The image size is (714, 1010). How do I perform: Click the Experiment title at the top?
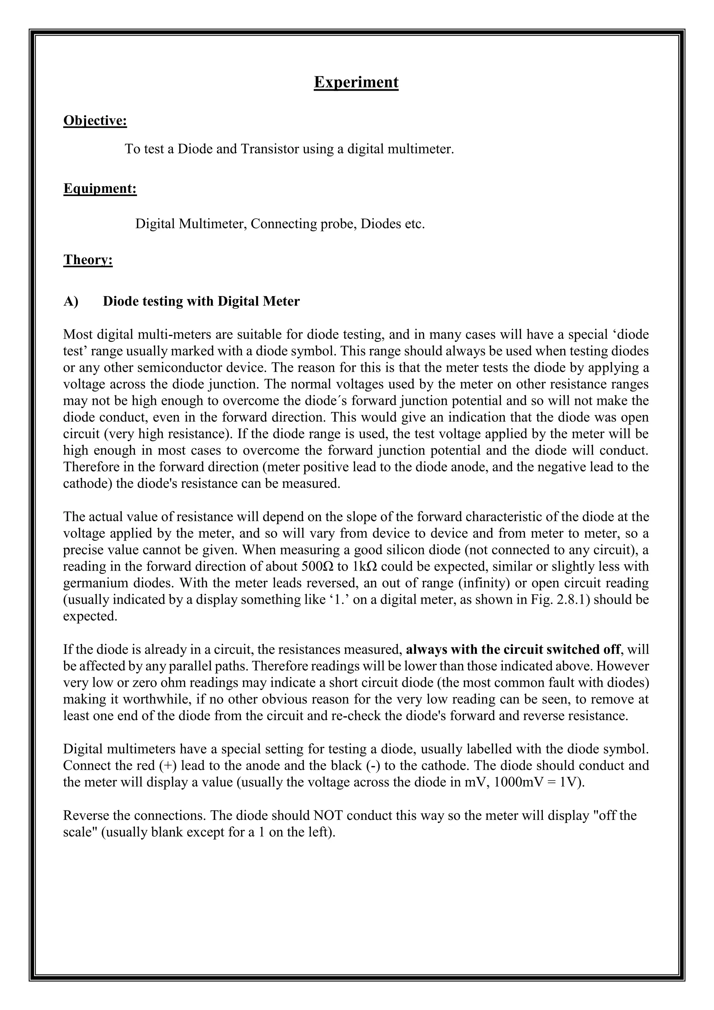pyautogui.click(x=356, y=82)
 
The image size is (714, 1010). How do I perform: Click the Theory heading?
pyautogui.click(x=88, y=259)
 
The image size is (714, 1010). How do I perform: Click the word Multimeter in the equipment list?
pyautogui.click(x=213, y=224)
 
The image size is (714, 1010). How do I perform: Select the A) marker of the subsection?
pyautogui.click(x=71, y=301)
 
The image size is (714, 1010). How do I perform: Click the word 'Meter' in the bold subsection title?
pyautogui.click(x=281, y=301)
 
